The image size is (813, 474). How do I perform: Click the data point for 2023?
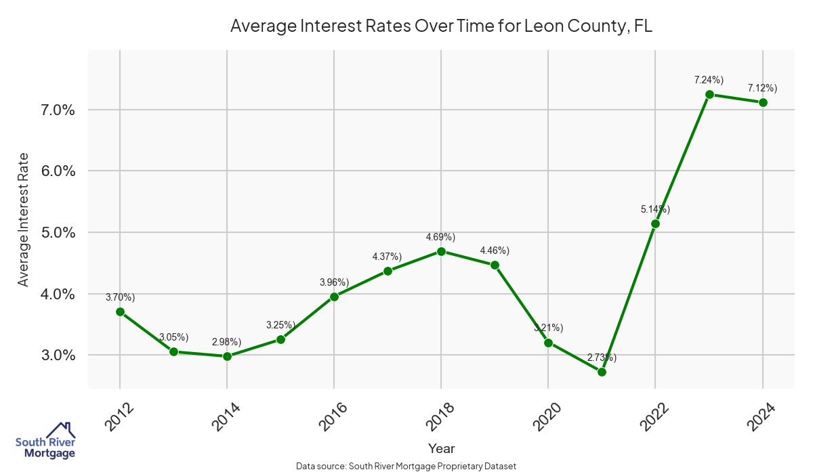pyautogui.click(x=709, y=95)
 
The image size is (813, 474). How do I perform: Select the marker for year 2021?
pyautogui.click(x=602, y=372)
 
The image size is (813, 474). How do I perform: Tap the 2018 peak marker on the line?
pyautogui.click(x=441, y=251)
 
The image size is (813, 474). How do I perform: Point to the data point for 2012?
pyautogui.click(x=120, y=311)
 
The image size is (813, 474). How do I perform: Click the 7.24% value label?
pyautogui.click(x=709, y=80)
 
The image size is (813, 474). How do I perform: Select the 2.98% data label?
pyautogui.click(x=226, y=342)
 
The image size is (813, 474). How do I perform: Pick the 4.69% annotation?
pyautogui.click(x=440, y=237)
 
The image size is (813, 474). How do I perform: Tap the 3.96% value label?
pyautogui.click(x=334, y=282)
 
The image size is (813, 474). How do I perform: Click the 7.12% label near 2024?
pyautogui.click(x=762, y=88)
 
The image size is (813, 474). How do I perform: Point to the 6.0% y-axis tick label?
pyautogui.click(x=58, y=171)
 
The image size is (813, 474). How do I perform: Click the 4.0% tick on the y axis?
pyautogui.click(x=58, y=294)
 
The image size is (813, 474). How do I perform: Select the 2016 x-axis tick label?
pyautogui.click(x=332, y=416)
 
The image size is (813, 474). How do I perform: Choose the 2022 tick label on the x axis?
pyautogui.click(x=653, y=416)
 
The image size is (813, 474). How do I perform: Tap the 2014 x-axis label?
pyautogui.click(x=225, y=416)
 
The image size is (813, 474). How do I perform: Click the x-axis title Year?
pyautogui.click(x=441, y=448)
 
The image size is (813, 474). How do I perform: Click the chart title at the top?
pyautogui.click(x=441, y=26)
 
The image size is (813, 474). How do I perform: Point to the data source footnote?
pyautogui.click(x=406, y=466)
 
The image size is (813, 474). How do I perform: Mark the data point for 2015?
pyautogui.click(x=280, y=339)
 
